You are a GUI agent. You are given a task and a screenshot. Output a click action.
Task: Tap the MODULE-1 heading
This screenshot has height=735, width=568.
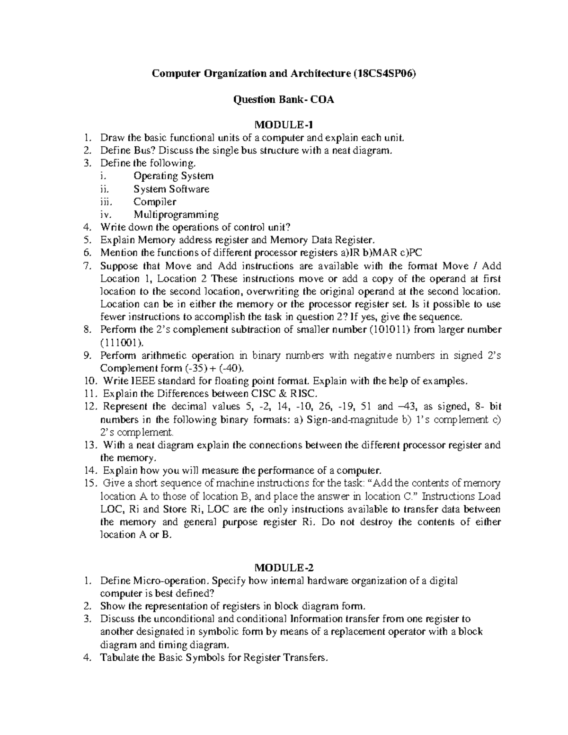(284, 125)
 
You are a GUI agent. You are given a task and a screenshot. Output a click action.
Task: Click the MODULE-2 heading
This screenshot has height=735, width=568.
(284, 567)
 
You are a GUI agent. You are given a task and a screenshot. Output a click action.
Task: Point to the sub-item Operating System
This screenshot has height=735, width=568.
(173, 176)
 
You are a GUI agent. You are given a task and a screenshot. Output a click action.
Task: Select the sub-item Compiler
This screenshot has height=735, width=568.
(155, 202)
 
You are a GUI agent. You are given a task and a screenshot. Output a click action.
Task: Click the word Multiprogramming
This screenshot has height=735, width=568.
(176, 214)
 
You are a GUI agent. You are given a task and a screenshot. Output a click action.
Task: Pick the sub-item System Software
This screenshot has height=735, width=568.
(171, 189)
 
